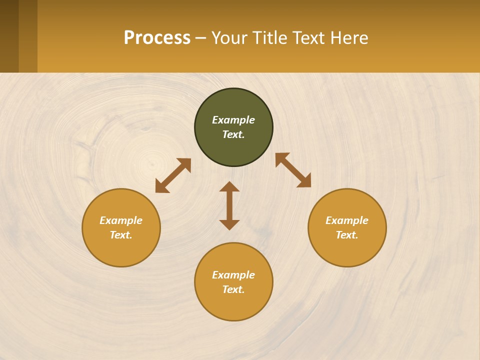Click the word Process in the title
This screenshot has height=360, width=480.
click(x=157, y=38)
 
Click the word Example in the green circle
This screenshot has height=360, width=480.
click(x=233, y=120)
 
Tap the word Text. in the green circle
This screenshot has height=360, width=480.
click(x=233, y=134)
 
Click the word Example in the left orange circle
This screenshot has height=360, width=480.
click(x=121, y=220)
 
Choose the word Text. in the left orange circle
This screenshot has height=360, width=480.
click(x=121, y=235)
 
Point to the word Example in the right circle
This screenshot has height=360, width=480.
click(x=347, y=220)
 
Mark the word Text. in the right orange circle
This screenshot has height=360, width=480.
click(x=347, y=235)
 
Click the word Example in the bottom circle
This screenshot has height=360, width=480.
click(x=233, y=275)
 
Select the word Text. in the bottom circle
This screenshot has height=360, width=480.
click(x=233, y=289)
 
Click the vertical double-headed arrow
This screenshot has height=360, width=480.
click(x=229, y=206)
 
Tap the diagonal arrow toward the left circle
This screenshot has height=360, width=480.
click(x=173, y=175)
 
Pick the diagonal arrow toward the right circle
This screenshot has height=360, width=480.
click(x=293, y=170)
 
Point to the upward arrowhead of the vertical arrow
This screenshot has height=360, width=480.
click(x=229, y=186)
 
